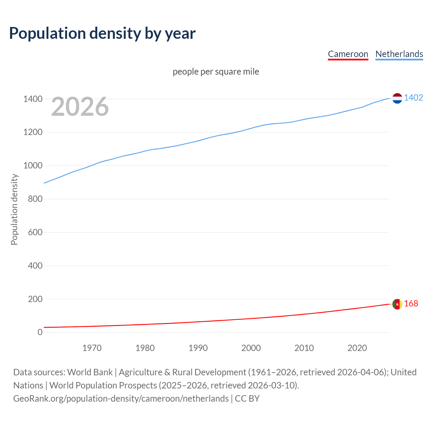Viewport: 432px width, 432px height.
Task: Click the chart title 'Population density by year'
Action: [x=102, y=33]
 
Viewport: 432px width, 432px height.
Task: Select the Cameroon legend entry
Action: [x=348, y=54]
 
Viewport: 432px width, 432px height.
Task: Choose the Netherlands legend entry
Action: [x=399, y=54]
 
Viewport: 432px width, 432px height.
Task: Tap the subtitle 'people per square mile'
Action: [x=216, y=72]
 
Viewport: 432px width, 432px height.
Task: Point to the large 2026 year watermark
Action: [x=80, y=107]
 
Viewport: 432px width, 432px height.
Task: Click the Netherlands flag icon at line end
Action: [x=397, y=98]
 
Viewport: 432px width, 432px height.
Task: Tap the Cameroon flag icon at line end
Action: [x=397, y=304]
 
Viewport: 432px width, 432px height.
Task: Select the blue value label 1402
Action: [x=413, y=98]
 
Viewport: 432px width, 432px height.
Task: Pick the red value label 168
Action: [x=411, y=303]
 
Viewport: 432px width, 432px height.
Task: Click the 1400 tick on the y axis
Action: [x=33, y=99]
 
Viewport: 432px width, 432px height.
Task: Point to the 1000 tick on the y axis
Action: [x=33, y=165]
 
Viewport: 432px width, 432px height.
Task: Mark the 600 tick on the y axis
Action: [x=35, y=232]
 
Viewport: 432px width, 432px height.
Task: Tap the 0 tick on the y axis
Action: [x=40, y=332]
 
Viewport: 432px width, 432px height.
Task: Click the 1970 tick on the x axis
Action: [x=92, y=348]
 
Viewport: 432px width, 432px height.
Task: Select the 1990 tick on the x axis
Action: [x=198, y=348]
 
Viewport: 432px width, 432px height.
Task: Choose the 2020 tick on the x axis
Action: [x=357, y=348]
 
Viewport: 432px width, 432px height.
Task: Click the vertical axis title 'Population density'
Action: [x=14, y=209]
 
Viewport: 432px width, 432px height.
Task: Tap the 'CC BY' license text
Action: [x=247, y=398]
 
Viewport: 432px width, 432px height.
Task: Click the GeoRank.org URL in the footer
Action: [x=121, y=398]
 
